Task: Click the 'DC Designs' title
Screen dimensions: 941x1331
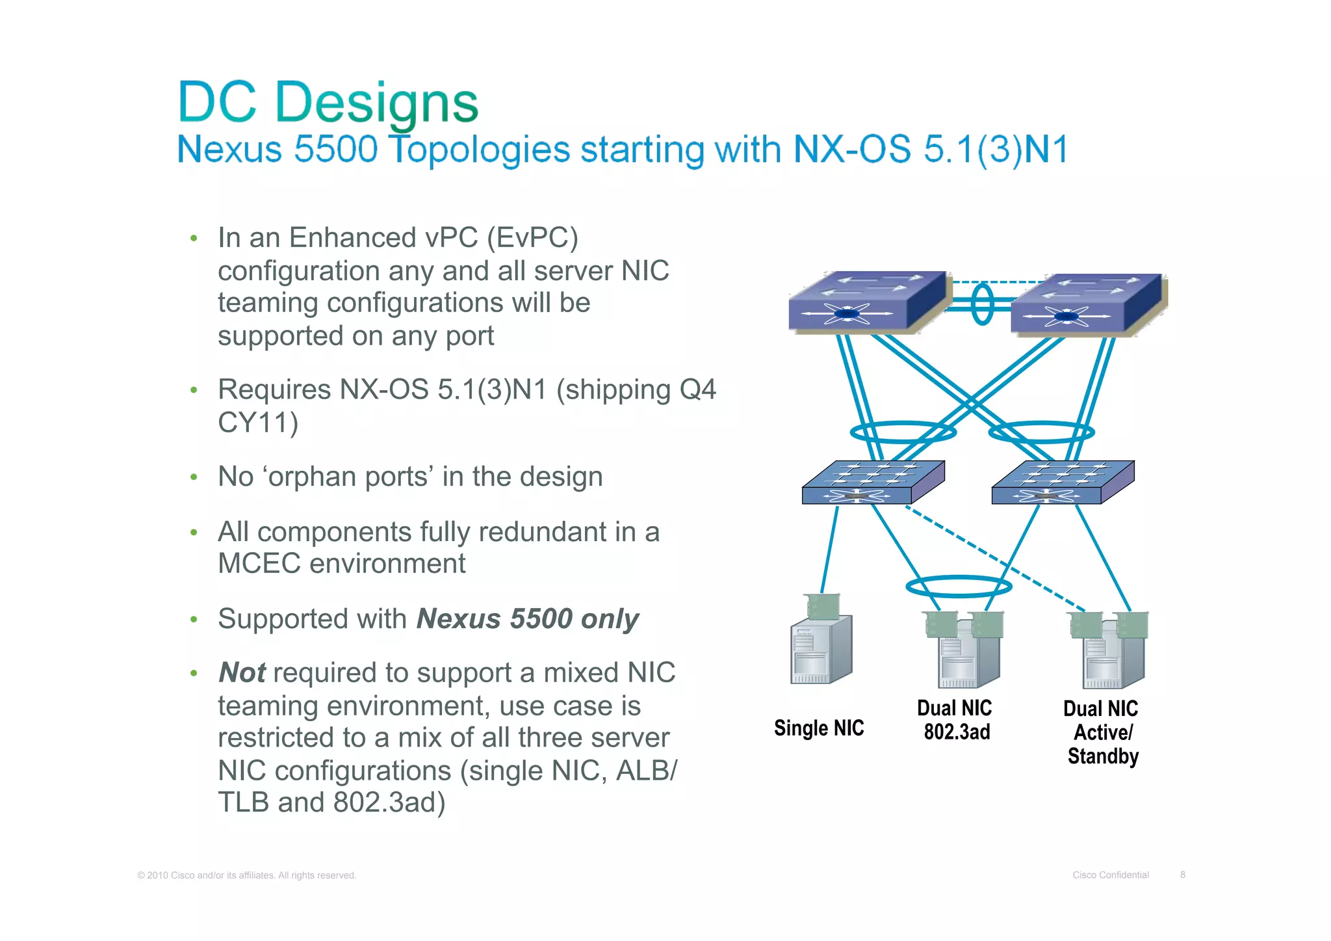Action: point(328,103)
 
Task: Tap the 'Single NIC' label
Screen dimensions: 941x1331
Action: point(819,728)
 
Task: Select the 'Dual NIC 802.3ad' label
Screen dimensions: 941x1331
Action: point(955,720)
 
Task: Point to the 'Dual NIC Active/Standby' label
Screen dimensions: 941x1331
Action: point(1102,732)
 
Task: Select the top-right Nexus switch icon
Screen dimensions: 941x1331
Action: point(1087,305)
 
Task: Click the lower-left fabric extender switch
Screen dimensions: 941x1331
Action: point(872,483)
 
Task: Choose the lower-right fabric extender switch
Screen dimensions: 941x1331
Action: point(1062,483)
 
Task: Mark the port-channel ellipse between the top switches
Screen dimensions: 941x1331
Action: point(982,304)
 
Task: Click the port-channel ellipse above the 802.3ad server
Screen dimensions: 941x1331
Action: point(959,587)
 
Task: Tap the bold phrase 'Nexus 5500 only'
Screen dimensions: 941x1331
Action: point(527,619)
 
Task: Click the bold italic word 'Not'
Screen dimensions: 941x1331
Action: point(242,673)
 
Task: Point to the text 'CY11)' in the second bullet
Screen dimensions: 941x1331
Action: point(257,423)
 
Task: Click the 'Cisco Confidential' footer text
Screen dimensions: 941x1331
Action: point(1110,875)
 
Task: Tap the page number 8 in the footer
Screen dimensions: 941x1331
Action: point(1183,875)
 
